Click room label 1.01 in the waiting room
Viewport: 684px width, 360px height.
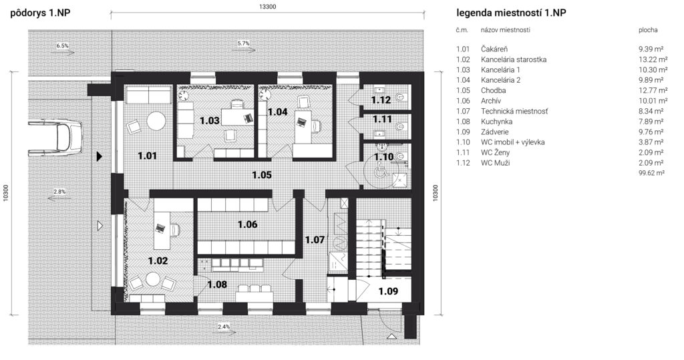point(148,156)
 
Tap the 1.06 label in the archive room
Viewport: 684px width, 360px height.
point(247,224)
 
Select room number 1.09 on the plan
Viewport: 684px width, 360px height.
point(388,291)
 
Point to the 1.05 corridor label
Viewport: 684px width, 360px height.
point(262,174)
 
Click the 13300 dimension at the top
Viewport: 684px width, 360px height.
point(267,7)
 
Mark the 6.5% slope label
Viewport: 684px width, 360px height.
point(62,45)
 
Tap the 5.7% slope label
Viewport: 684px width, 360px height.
point(243,43)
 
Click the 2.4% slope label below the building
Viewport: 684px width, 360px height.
point(223,327)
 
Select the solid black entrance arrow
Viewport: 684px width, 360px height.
point(100,156)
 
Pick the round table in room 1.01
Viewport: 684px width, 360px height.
point(156,120)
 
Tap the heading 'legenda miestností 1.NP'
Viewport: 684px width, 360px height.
point(511,13)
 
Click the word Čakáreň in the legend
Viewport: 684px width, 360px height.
point(494,49)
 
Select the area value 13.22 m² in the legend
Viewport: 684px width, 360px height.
point(653,59)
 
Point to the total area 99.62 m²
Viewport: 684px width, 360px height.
point(651,173)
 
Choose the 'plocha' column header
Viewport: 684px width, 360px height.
point(648,30)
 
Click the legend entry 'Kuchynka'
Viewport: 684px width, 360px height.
point(496,122)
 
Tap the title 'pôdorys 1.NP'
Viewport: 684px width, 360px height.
point(40,13)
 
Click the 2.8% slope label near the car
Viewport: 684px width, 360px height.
point(59,192)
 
